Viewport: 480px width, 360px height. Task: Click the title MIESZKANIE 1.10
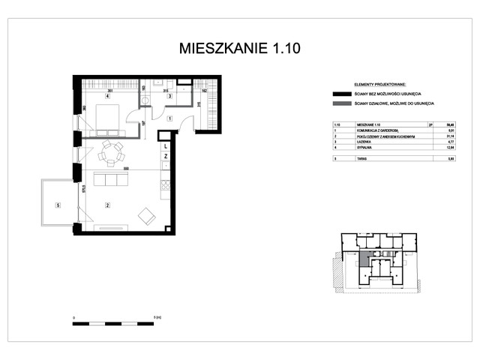point(240,49)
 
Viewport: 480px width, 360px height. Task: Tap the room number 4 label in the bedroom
point(108,96)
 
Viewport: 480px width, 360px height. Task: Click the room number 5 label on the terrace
point(57,204)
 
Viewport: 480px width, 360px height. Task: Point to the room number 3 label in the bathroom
point(169,96)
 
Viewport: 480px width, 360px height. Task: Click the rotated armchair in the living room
point(145,217)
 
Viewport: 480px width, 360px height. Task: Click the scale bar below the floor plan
point(113,323)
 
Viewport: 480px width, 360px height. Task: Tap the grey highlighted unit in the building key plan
point(364,260)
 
